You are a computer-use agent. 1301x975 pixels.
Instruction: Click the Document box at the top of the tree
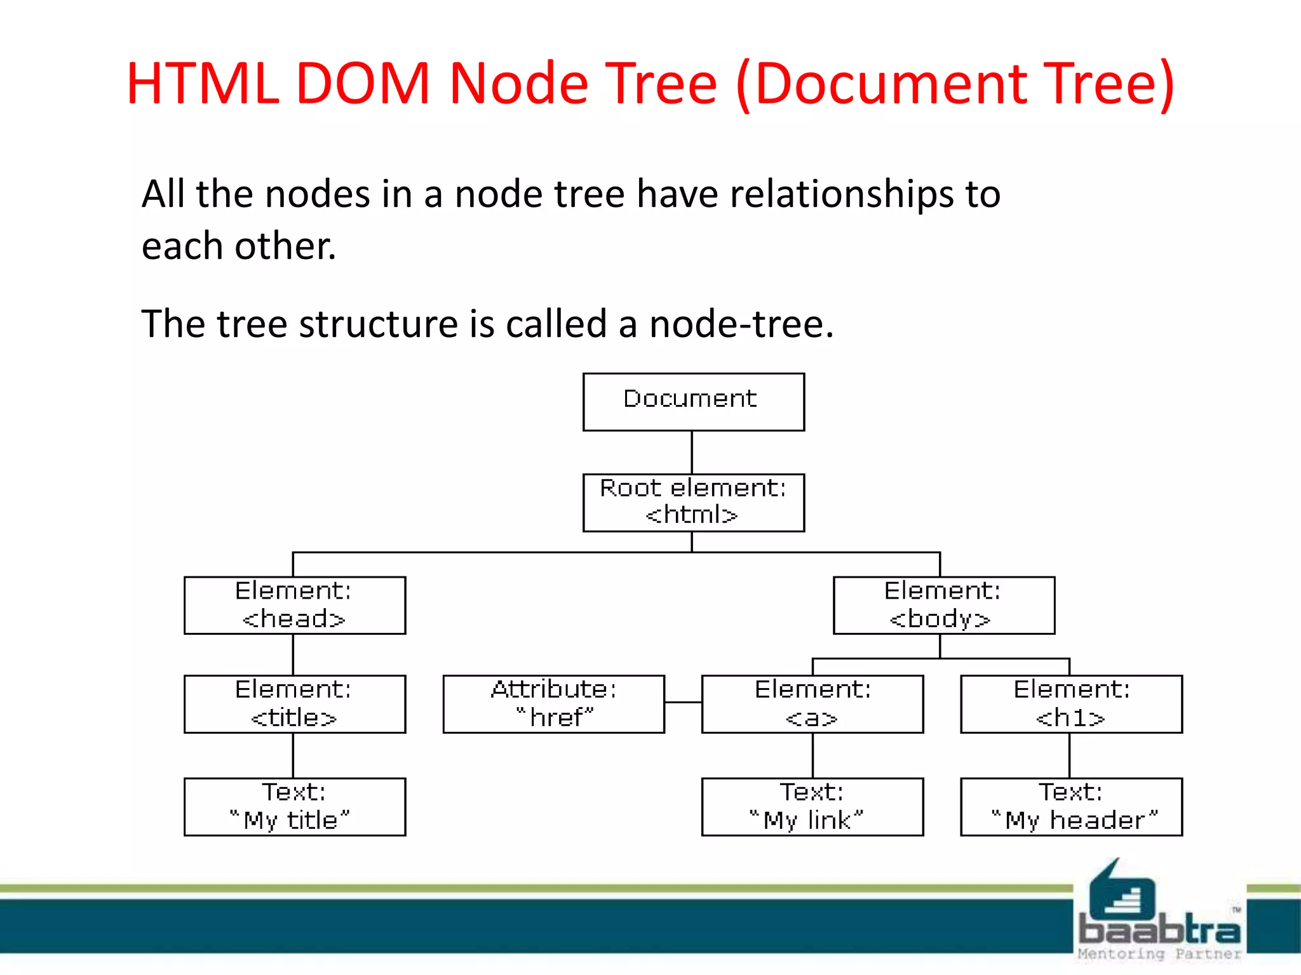tap(693, 402)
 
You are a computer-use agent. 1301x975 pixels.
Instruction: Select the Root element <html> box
tap(693, 502)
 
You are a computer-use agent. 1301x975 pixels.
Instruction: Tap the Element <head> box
tap(295, 605)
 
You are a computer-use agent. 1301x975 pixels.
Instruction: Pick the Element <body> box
tap(943, 605)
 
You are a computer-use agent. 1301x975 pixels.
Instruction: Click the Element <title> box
tap(295, 704)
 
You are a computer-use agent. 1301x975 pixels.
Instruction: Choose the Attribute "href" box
tap(553, 704)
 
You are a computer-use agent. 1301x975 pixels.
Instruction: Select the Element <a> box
tap(812, 704)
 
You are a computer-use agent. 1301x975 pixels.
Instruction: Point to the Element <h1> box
tap(1071, 704)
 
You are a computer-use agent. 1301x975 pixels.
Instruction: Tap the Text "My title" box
tap(295, 807)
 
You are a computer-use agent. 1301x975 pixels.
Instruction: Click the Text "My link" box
tap(812, 807)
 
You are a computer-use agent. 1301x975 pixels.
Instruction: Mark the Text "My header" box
tap(1071, 807)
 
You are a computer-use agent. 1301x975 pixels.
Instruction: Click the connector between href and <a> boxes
tap(683, 702)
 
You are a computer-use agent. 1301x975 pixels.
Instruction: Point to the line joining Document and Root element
tap(692, 452)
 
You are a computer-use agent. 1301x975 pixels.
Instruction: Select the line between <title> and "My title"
tap(293, 755)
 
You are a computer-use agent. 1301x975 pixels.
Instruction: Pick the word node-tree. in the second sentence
tap(741, 324)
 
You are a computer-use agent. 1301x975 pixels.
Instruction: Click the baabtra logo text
tap(1159, 930)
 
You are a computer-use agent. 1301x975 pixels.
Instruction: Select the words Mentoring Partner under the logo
tap(1159, 954)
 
